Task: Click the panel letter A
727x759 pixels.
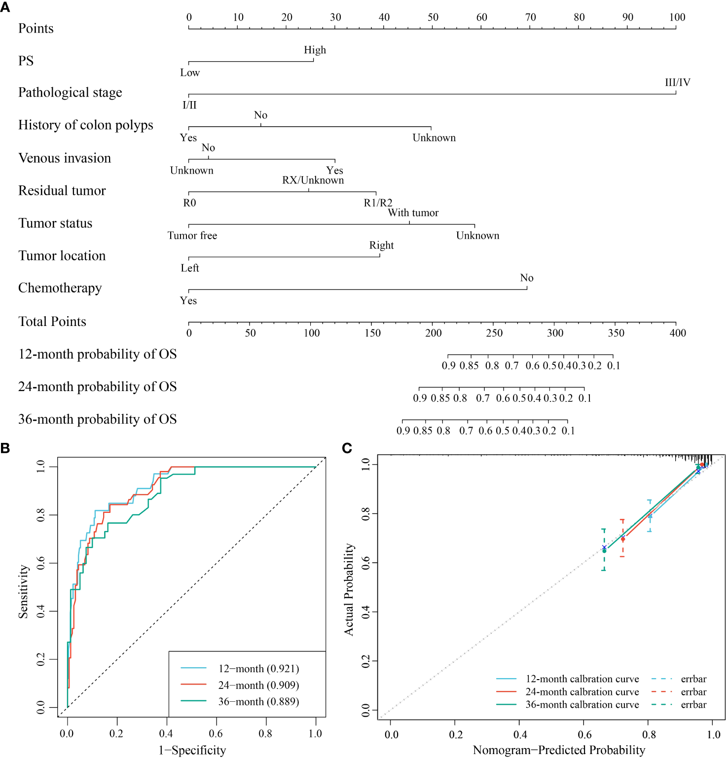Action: (5, 7)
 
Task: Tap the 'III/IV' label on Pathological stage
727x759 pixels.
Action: (677, 82)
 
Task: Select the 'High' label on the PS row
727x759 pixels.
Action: (315, 50)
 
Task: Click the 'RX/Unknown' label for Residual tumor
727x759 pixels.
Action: (313, 180)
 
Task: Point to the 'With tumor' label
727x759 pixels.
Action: (413, 213)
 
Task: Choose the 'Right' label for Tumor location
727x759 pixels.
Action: (381, 245)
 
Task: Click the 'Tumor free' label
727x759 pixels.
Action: (192, 235)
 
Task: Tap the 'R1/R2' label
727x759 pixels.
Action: (378, 203)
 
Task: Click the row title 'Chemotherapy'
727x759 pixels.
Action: (60, 288)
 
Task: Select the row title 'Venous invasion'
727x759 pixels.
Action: (65, 158)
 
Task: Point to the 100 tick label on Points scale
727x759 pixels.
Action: (677, 17)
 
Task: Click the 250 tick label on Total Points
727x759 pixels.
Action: (494, 333)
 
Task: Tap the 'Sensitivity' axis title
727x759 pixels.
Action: (23, 592)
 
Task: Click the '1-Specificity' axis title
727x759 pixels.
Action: (192, 750)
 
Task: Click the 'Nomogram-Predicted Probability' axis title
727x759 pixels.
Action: (559, 750)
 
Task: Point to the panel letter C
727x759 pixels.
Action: (347, 448)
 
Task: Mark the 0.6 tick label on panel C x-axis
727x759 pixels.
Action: (584, 734)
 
